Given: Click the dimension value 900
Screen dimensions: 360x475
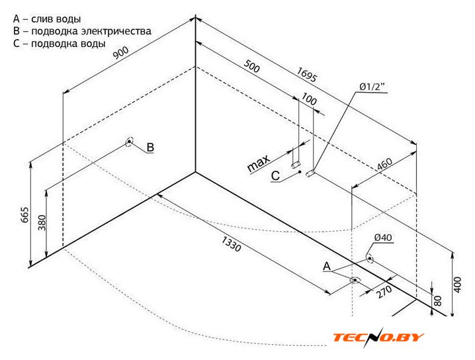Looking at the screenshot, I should [120, 54].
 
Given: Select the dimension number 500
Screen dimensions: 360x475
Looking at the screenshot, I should [252, 67].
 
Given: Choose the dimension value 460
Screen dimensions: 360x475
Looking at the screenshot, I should [386, 165].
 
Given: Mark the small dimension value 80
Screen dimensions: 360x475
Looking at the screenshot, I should [437, 301].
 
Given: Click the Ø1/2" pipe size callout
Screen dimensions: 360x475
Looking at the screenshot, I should [372, 87].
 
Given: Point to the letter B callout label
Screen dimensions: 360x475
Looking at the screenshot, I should [150, 147].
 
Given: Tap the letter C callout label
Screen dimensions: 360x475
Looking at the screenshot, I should [276, 175].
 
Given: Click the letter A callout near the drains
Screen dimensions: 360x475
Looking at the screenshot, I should [326, 266].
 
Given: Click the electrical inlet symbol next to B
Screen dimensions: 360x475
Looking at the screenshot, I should [129, 142].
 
